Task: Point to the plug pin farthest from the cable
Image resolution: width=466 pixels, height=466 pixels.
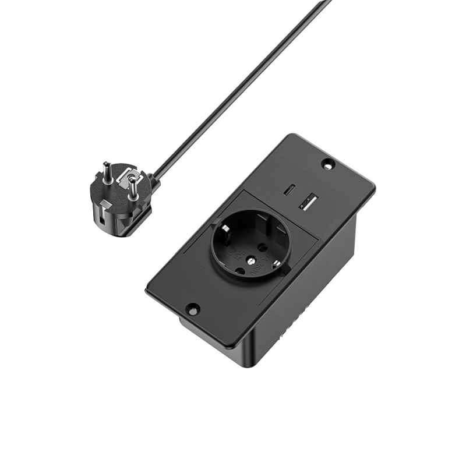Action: click(107, 172)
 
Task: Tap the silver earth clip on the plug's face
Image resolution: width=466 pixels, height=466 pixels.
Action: click(128, 175)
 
